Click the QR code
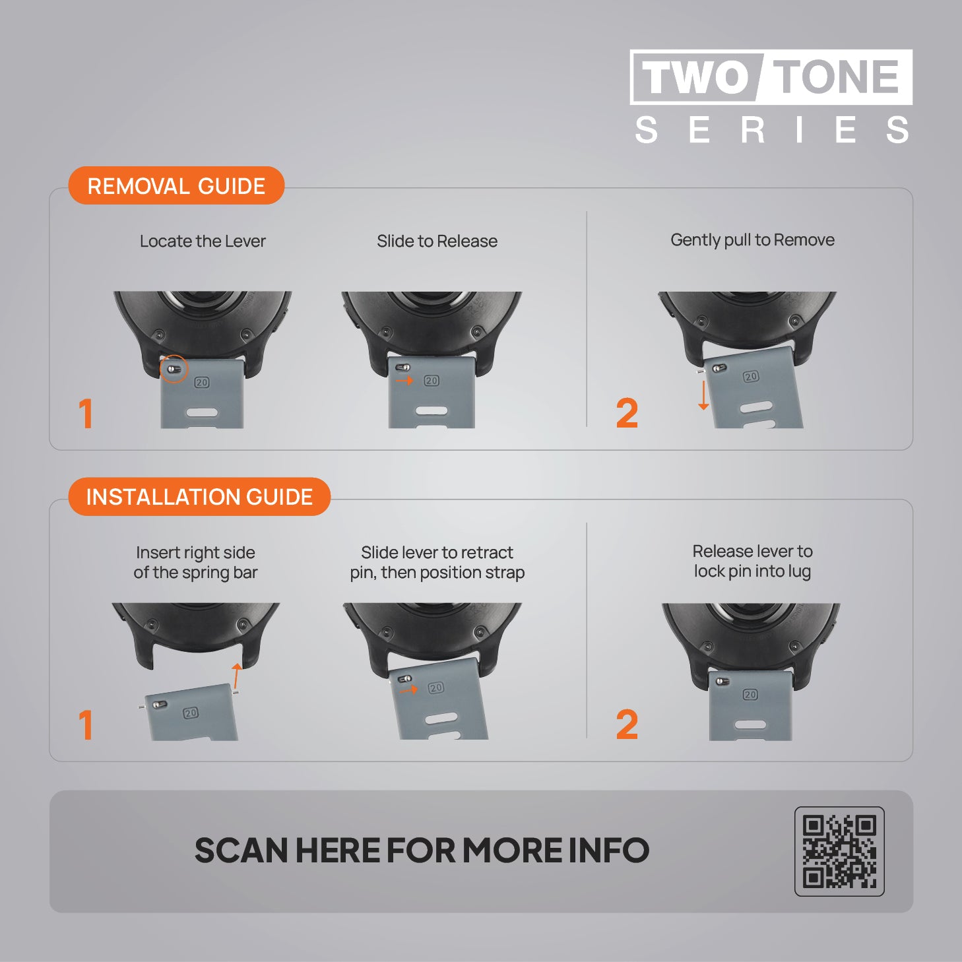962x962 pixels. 839,852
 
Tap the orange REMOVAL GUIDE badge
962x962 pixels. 176,185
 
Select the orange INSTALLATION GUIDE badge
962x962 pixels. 199,497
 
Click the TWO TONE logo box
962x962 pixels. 771,77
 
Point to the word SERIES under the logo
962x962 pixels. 771,130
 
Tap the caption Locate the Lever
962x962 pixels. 203,241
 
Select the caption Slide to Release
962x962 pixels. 437,241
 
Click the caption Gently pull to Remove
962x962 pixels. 752,240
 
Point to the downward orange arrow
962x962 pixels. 703,395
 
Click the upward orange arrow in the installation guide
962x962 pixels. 236,676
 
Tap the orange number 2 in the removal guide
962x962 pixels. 627,413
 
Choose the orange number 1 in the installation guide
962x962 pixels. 86,724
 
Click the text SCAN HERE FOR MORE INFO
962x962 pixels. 422,850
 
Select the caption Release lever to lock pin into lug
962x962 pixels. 752,561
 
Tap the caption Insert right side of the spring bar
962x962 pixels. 195,563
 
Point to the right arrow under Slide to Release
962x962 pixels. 404,381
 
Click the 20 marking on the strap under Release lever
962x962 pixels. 750,694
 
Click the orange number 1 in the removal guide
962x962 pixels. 86,413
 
